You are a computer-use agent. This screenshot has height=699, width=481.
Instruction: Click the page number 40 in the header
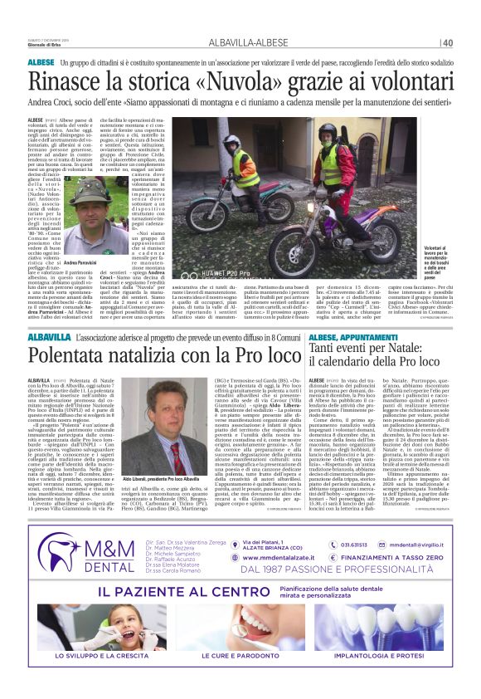[447, 43]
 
